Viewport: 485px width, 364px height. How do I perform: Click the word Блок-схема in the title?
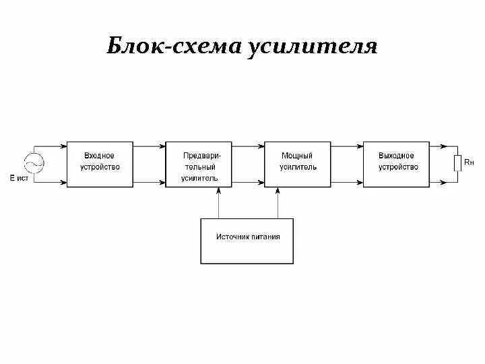[x=174, y=46]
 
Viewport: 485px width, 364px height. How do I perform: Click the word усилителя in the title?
[x=312, y=48]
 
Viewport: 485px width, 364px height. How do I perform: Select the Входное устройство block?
[x=100, y=164]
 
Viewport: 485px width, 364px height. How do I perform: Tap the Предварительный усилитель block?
[x=199, y=164]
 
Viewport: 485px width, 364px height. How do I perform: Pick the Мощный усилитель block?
[x=298, y=164]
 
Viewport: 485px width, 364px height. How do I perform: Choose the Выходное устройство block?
[x=396, y=164]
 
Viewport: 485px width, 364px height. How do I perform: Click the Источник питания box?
[x=247, y=241]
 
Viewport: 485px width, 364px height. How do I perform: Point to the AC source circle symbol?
[x=34, y=163]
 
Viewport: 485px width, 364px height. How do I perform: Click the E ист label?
[x=19, y=178]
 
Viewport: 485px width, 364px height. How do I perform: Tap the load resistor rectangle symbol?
[x=457, y=163]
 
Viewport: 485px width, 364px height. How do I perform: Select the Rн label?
[x=469, y=162]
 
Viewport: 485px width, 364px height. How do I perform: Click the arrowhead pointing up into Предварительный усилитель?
[x=218, y=190]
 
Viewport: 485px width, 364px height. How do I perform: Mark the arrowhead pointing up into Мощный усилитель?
[x=278, y=190]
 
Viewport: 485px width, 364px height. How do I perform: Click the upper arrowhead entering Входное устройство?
[x=63, y=146]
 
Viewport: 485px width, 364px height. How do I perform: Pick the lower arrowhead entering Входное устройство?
[x=63, y=182]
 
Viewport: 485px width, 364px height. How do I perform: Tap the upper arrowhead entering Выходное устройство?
[x=360, y=146]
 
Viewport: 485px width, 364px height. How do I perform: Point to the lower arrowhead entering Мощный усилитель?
[x=261, y=182]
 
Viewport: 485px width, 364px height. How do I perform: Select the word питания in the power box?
[x=265, y=237]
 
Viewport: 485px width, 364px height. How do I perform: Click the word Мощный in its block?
[x=296, y=156]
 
